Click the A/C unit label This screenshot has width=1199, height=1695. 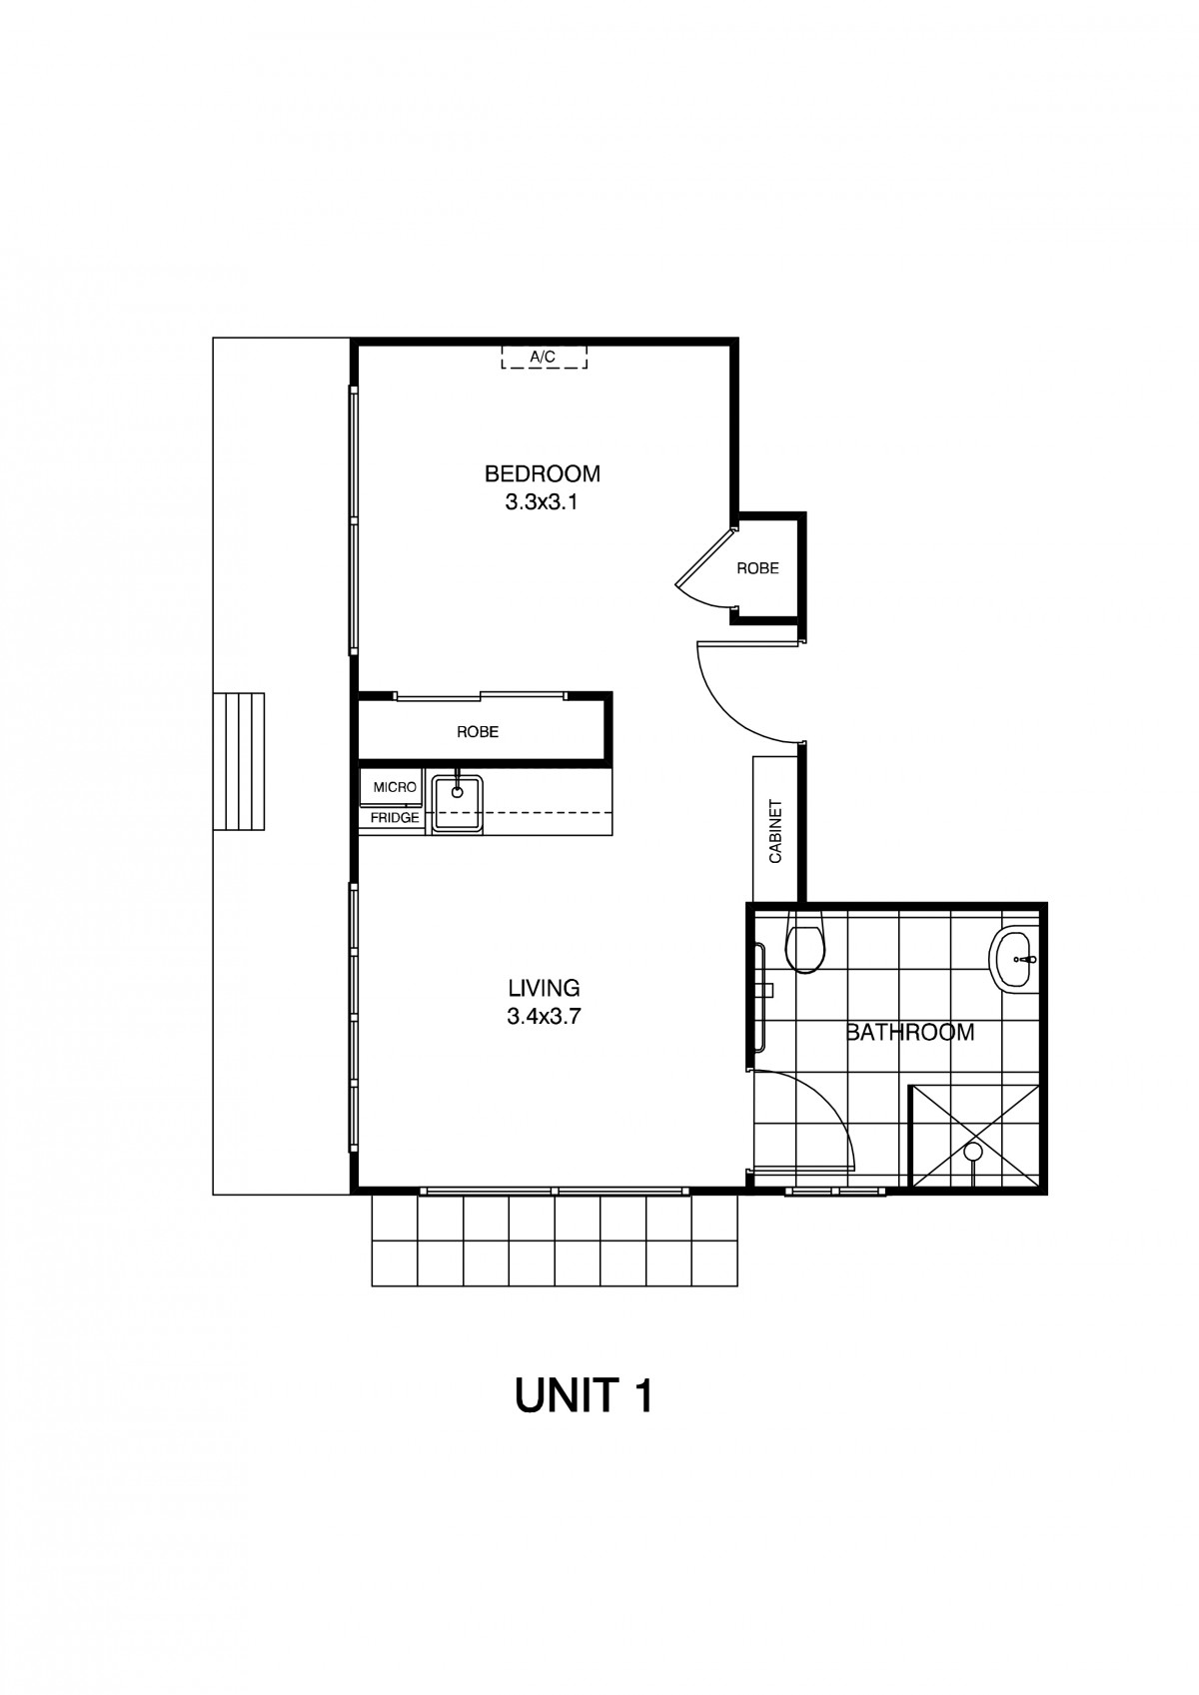click(542, 358)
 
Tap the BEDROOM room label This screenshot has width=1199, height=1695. click(542, 473)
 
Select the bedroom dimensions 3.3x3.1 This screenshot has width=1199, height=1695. click(542, 502)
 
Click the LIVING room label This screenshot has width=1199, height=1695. click(544, 988)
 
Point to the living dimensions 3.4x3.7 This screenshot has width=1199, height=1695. click(544, 1016)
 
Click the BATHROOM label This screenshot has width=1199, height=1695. click(909, 1032)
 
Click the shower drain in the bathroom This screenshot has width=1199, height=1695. click(972, 1152)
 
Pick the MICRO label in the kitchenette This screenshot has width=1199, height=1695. click(395, 787)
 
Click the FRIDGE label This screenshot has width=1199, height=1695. click(395, 818)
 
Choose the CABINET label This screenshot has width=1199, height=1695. click(775, 831)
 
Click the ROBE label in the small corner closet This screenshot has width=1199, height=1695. click(757, 567)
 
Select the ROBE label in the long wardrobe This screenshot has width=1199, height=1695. click(478, 732)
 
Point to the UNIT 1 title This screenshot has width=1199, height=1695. click(584, 1396)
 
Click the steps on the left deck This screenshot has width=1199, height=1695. click(239, 761)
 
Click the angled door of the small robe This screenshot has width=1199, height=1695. click(705, 557)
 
